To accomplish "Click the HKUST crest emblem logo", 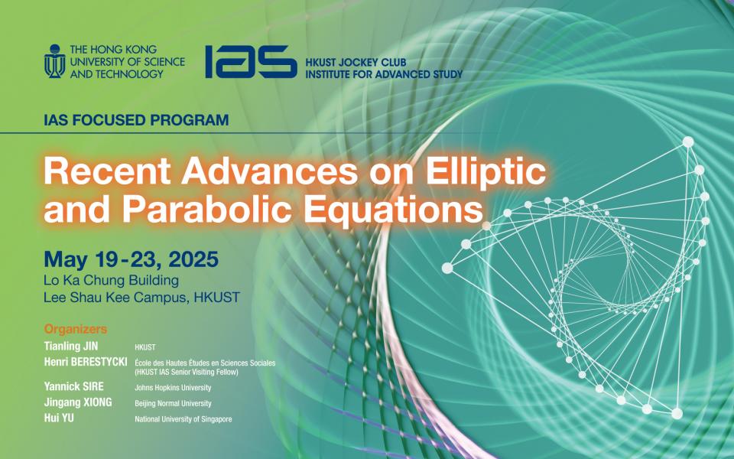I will [x=54, y=61].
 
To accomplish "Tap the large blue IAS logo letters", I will [x=250, y=62].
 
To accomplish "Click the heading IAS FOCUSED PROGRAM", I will [x=137, y=120].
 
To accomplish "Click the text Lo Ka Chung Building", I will [x=112, y=280].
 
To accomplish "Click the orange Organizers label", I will [x=75, y=330].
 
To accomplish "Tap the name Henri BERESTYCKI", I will [x=86, y=361].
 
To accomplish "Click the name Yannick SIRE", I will [x=75, y=387].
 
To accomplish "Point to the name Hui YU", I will [x=60, y=418].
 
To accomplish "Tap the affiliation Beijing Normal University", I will [x=173, y=403].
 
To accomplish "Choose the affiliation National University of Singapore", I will [x=183, y=419].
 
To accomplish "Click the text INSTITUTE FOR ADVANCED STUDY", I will [x=383, y=74].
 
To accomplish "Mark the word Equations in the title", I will [x=397, y=208].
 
